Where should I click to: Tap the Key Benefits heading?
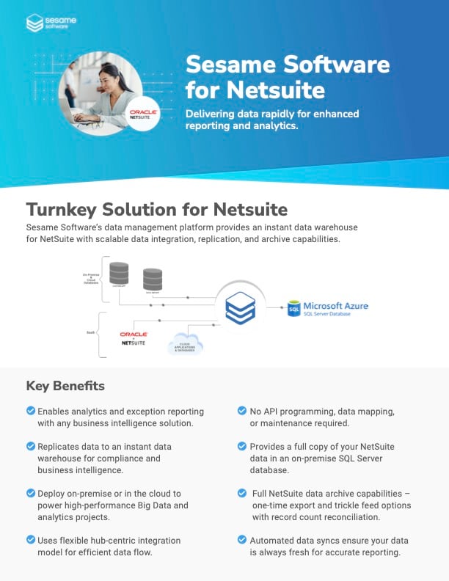click(x=65, y=386)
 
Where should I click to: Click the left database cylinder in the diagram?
click(x=118, y=273)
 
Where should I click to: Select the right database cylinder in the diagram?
click(x=153, y=279)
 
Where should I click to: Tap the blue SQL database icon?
click(x=293, y=308)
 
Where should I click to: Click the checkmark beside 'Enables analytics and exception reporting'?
click(x=30, y=411)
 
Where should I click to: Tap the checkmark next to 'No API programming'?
click(x=242, y=411)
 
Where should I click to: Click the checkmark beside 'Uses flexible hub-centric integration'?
click(x=30, y=540)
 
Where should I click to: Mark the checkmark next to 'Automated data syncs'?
click(x=242, y=540)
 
